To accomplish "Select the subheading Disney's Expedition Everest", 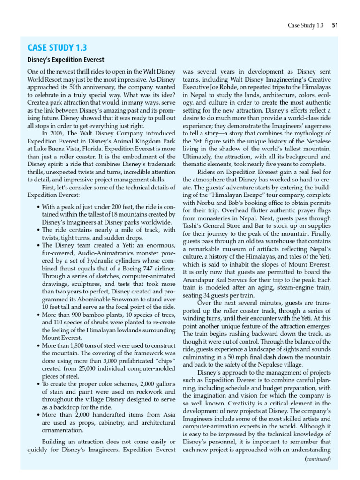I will tap(65, 60).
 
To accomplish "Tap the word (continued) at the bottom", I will tap(318, 459).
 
